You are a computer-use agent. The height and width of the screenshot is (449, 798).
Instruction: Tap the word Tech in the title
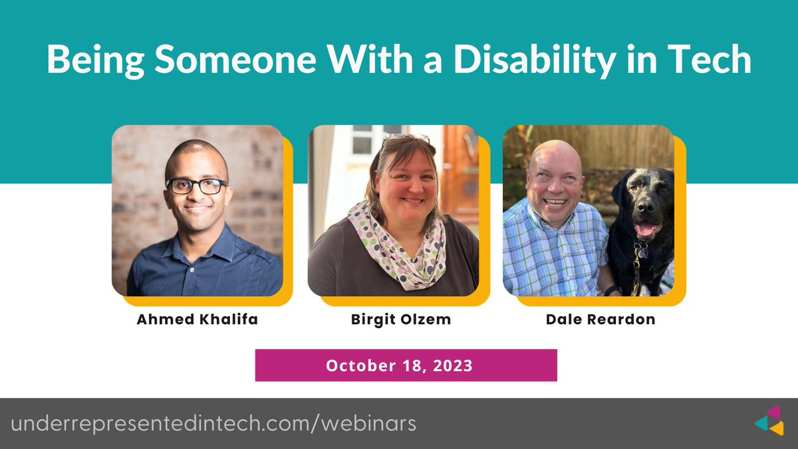713,61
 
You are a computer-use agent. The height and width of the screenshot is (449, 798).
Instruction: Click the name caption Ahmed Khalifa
198,319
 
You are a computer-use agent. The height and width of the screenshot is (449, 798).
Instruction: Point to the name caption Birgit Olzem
401,319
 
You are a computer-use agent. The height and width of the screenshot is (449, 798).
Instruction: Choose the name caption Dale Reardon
600,319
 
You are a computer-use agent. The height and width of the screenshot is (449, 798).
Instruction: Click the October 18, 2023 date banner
406,365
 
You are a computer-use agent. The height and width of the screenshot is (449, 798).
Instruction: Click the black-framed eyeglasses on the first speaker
197,186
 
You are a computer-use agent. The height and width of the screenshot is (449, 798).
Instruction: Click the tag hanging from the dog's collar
641,251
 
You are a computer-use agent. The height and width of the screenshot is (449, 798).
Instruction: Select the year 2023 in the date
452,366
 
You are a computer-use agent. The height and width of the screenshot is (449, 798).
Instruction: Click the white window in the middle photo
363,140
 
